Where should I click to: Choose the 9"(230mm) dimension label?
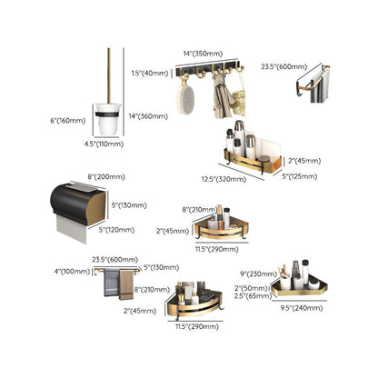point(259,274)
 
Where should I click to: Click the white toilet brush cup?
point(105,119)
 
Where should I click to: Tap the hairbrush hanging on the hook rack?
point(188,96)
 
